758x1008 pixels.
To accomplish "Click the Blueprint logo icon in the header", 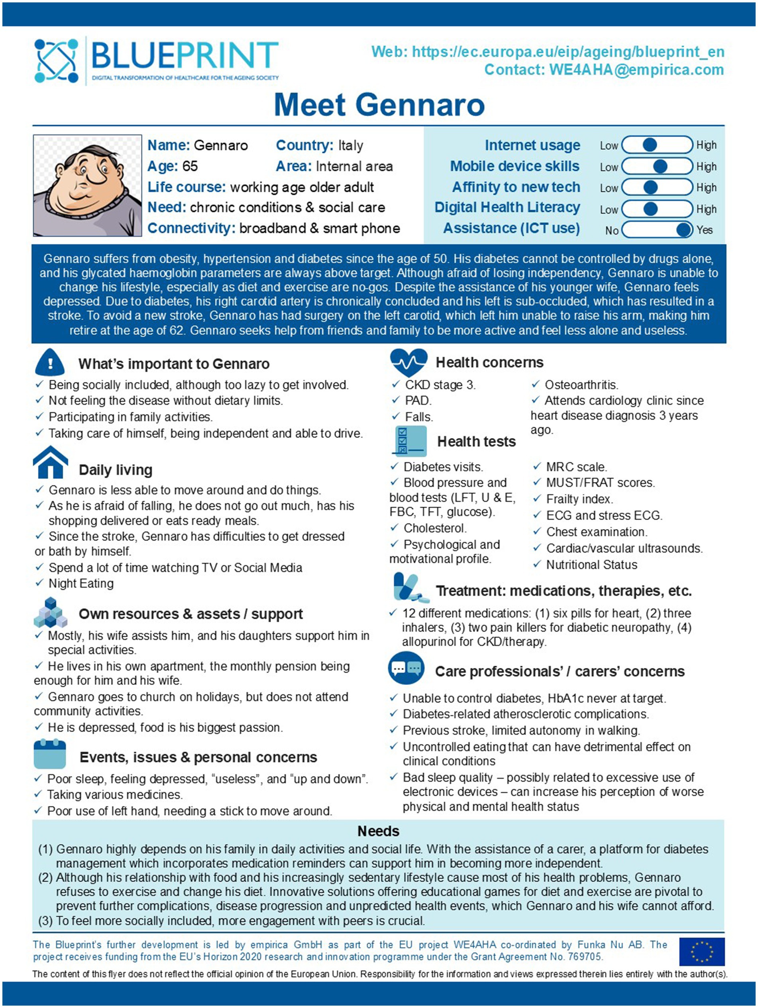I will [x=56, y=61].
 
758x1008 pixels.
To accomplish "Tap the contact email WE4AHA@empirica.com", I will [x=636, y=70].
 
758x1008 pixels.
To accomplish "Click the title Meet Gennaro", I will [x=379, y=105].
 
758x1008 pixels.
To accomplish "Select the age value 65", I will [x=190, y=166].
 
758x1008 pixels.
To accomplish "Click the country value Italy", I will [x=350, y=145].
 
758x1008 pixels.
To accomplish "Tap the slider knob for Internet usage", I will [x=650, y=145].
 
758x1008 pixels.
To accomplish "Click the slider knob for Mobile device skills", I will [x=660, y=166].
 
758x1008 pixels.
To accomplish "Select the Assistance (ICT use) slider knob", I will [x=683, y=230].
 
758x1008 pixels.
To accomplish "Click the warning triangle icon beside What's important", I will [x=50, y=363].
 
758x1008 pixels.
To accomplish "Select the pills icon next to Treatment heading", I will [x=410, y=588].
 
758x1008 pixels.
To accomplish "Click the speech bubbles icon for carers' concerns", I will [x=406, y=668].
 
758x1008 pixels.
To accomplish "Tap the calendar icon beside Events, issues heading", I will [x=50, y=755].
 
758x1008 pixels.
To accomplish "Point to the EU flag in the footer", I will [x=701, y=951].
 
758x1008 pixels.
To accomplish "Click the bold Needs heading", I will [x=378, y=831].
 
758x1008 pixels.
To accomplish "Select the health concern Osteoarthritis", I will [x=581, y=385].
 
